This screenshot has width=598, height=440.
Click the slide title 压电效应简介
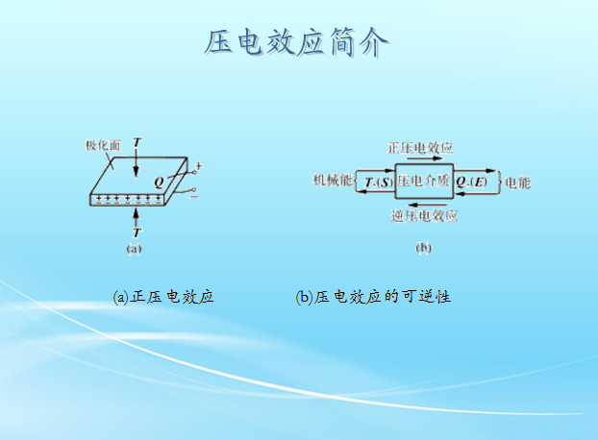tap(298, 43)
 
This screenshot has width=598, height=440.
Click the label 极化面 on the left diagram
tap(102, 146)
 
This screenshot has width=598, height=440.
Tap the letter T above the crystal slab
tap(137, 143)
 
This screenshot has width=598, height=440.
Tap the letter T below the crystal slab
tap(137, 233)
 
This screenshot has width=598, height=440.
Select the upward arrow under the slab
tap(137, 216)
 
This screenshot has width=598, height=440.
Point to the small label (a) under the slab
tap(135, 248)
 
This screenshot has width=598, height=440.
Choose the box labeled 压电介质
tap(423, 182)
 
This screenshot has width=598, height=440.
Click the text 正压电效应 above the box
tap(420, 148)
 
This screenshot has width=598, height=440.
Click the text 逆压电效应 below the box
tap(424, 215)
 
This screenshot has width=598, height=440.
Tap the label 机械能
tap(330, 181)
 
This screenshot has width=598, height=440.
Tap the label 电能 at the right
tap(517, 182)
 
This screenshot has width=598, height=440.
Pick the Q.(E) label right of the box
tap(472, 182)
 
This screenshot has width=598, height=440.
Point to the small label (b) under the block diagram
tap(423, 248)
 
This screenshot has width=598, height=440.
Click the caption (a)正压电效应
tap(162, 297)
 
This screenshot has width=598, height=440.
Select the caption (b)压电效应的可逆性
tap(373, 297)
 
